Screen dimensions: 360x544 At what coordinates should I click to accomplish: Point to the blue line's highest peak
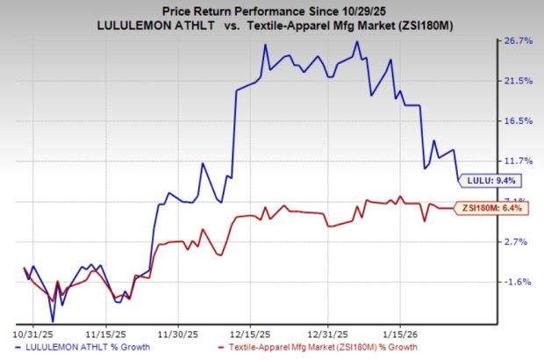356,41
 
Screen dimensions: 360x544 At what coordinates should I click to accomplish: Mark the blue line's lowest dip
53,321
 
